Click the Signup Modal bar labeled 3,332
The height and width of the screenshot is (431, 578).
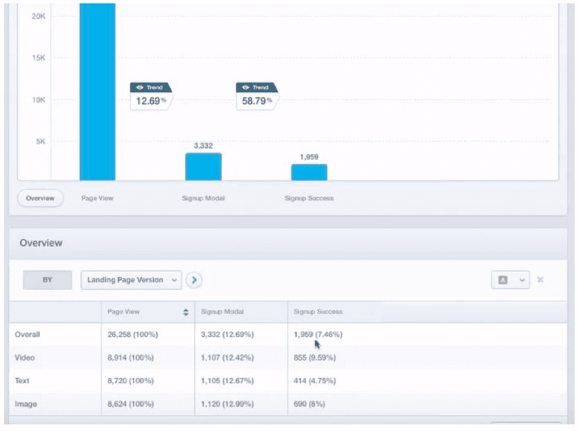203,167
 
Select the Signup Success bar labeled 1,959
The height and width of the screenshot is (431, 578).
309,172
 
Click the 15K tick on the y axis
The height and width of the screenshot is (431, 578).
38,58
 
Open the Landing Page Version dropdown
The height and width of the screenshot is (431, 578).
132,280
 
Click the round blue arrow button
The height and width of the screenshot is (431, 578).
194,280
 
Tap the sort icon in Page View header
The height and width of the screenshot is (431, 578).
186,312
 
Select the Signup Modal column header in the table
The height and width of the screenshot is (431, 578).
222,312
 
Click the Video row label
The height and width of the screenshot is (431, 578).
25,358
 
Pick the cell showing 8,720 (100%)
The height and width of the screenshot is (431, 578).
131,381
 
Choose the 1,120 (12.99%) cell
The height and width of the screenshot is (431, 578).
227,404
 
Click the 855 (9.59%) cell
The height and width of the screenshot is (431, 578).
314,358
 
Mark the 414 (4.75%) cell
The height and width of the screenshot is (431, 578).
314,381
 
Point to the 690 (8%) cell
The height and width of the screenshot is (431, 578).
310,404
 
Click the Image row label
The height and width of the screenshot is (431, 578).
25,404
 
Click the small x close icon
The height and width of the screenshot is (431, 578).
540,280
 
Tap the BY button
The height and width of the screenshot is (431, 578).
47,280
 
